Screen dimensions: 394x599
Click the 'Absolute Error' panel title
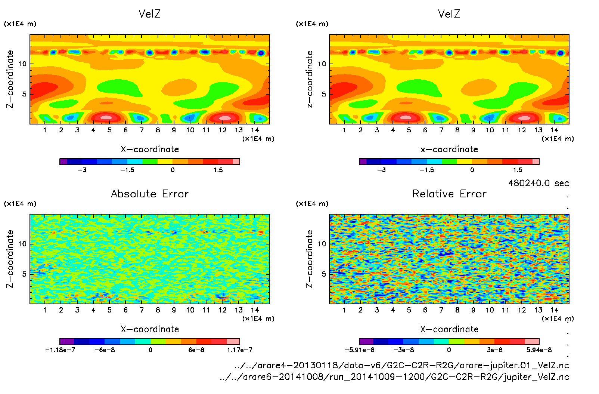[x=150, y=194]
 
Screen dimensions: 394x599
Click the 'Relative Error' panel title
[x=449, y=194]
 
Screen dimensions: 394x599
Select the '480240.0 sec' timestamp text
[x=538, y=183]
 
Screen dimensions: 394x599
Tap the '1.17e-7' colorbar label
[x=240, y=350]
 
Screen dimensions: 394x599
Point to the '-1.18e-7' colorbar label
[x=60, y=350]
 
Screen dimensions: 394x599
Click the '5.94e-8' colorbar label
[x=539, y=350]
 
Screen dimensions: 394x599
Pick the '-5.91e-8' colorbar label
[x=359, y=350]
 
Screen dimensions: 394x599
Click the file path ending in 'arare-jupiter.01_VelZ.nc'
[x=401, y=365]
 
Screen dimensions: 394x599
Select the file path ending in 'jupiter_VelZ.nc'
[x=394, y=377]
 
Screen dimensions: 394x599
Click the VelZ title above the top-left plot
[x=149, y=14]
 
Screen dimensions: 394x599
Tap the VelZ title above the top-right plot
[x=449, y=14]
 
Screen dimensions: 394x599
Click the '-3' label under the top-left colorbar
[x=82, y=170]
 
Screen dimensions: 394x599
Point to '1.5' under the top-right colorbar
[x=518, y=170]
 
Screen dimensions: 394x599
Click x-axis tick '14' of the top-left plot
[x=255, y=130]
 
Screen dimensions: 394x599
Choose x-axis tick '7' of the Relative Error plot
[x=441, y=310]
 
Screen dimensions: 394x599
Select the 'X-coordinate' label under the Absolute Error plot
[x=150, y=329]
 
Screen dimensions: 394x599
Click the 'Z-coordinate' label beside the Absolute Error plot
[x=10, y=259]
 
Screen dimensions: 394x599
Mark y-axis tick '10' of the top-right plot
[x=322, y=64]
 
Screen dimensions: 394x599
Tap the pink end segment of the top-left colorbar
[x=236, y=161]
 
